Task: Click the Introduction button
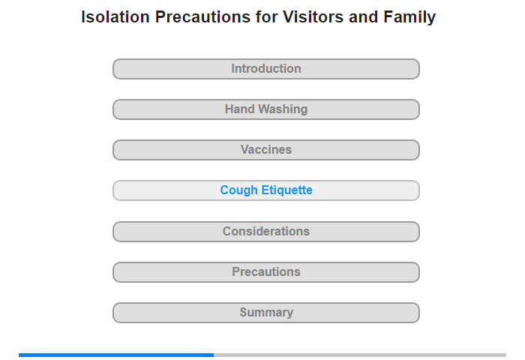(266, 69)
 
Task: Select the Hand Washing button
(266, 109)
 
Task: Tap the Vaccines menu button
(266, 150)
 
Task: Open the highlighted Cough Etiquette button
(266, 190)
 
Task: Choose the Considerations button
(266, 232)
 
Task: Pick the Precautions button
(266, 272)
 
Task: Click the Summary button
(266, 313)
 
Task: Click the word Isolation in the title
(115, 16)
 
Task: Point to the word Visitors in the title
(313, 16)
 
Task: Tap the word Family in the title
(409, 17)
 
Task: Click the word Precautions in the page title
(202, 16)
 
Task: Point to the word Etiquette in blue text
(287, 190)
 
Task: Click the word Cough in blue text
(239, 190)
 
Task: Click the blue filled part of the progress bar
(116, 355)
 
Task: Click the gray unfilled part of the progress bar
(360, 355)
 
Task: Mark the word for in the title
(266, 16)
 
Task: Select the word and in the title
(364, 16)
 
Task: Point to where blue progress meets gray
(214, 355)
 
